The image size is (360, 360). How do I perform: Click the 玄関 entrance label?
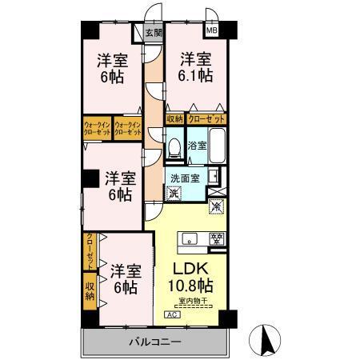tap(154, 33)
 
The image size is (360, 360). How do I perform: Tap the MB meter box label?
tap(212, 30)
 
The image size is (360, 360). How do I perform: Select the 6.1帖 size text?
tap(195, 76)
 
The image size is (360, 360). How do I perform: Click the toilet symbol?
tap(174, 149)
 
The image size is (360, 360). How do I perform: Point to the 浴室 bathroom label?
tap(197, 146)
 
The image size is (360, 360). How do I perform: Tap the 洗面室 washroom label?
tap(184, 178)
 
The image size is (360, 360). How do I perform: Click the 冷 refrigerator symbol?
tap(217, 206)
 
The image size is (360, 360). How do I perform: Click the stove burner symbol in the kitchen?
tap(215, 238)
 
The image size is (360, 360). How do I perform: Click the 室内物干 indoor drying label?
tap(192, 301)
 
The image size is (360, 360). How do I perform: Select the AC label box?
tap(172, 314)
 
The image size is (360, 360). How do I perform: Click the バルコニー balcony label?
tap(156, 342)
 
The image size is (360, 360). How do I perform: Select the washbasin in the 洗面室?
tap(214, 176)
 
